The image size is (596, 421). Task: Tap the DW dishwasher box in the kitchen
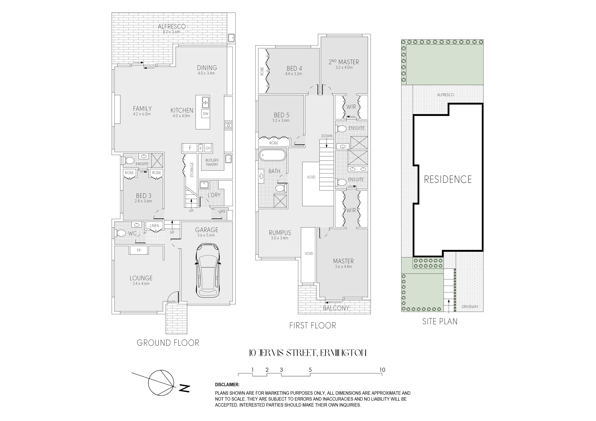(206, 114)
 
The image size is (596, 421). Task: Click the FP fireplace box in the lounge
(139, 250)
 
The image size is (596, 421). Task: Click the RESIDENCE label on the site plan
(448, 179)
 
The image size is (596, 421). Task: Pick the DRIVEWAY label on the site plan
(470, 307)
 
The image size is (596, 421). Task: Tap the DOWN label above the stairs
(327, 136)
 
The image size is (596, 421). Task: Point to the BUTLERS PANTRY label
(212, 162)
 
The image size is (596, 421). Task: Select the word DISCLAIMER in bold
(227, 385)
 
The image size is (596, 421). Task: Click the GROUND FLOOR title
(168, 343)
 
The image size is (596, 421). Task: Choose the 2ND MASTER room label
(344, 62)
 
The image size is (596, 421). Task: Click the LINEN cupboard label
(154, 226)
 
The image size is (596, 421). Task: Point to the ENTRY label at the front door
(172, 302)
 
